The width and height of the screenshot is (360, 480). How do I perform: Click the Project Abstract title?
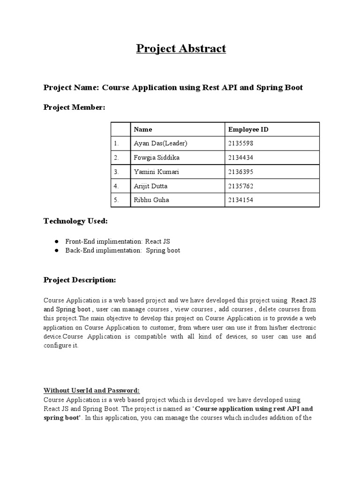[181, 48]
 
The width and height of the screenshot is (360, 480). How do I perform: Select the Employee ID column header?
[248, 129]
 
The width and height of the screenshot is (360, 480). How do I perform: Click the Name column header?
[143, 129]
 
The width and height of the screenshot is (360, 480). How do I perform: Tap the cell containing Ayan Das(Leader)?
[157, 143]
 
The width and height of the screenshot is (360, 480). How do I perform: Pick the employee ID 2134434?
[241, 157]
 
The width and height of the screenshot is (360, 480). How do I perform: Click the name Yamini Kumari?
[156, 172]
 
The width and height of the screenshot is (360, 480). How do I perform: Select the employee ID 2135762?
[241, 186]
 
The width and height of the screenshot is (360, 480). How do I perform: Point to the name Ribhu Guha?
[151, 200]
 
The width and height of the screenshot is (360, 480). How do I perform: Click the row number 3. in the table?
[116, 172]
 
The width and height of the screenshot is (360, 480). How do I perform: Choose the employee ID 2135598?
[241, 143]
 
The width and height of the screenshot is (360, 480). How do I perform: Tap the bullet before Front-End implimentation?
[56, 241]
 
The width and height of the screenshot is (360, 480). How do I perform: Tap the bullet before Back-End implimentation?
[56, 250]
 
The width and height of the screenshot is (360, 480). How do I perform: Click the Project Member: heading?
[75, 107]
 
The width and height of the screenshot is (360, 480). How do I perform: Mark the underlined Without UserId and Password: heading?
[92, 390]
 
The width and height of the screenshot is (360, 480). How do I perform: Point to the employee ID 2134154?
[241, 200]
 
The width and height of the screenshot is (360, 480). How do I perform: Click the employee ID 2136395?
[241, 172]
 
